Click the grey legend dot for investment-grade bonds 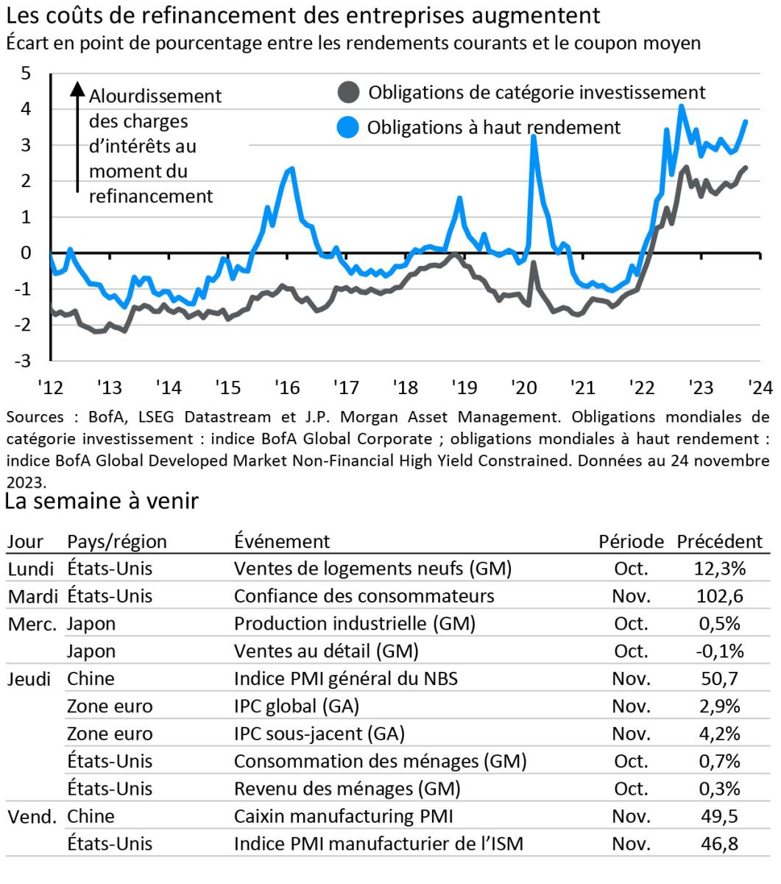[348, 93]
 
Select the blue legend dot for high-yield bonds [348, 127]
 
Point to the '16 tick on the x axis [286, 387]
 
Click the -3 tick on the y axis [26, 361]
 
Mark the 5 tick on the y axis [26, 73]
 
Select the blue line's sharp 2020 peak [534, 137]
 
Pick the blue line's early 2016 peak [293, 169]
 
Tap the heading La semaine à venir [102, 501]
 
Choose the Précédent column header [719, 541]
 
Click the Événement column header [282, 541]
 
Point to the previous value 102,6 [719, 596]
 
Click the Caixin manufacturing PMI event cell [343, 816]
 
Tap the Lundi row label [31, 569]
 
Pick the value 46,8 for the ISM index [719, 843]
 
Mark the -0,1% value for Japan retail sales [719, 651]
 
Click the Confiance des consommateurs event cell [364, 596]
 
